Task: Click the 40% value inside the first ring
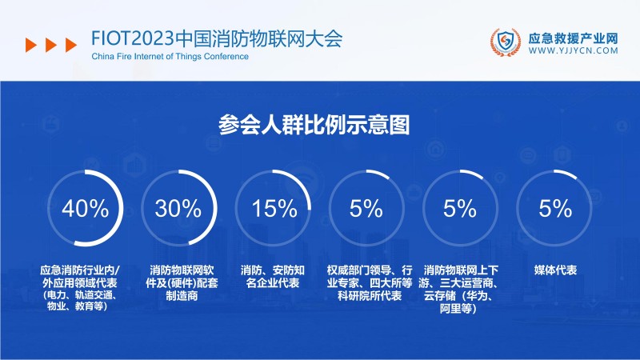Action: [85, 210]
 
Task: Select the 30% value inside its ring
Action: [178, 210]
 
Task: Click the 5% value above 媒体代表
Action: [555, 210]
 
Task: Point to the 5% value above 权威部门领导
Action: [366, 210]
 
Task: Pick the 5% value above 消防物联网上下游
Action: [460, 210]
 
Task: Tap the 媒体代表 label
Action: [555, 270]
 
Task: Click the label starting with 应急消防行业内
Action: [85, 277]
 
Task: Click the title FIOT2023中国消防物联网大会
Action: [217, 38]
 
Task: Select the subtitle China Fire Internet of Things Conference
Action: [170, 57]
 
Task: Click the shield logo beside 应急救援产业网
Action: [505, 42]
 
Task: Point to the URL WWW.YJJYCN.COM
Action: [574, 50]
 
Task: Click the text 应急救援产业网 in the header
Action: [574, 37]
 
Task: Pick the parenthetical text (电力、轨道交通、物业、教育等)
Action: [83, 301]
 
